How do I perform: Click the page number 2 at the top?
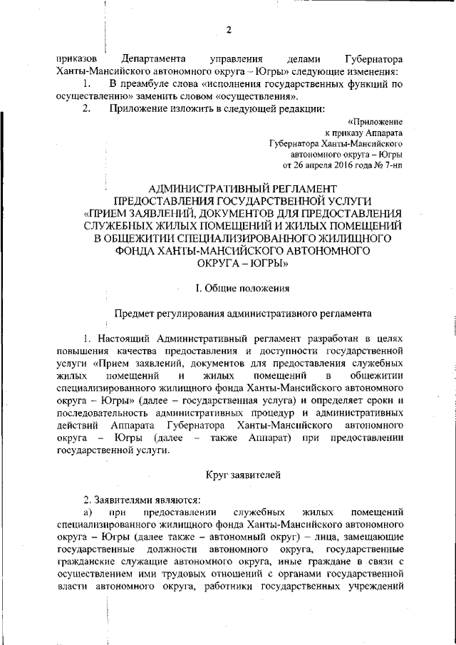pos(229,30)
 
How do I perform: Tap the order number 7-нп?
pos(392,165)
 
